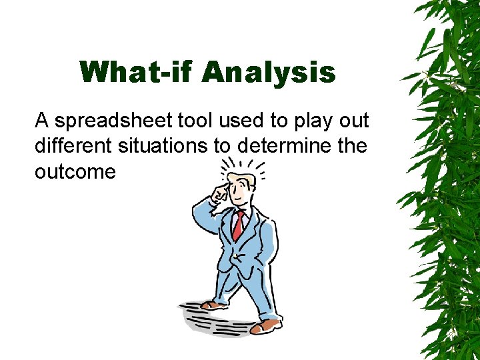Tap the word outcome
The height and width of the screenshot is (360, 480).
click(75, 171)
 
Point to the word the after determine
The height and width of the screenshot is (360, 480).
click(351, 145)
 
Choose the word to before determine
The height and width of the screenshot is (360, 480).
click(222, 146)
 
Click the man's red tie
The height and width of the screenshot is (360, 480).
click(238, 225)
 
